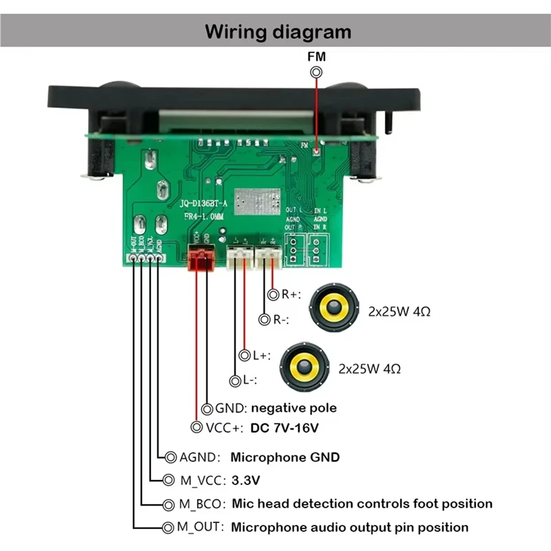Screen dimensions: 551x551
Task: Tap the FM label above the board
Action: (x=317, y=58)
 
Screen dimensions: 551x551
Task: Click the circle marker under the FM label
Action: (x=317, y=72)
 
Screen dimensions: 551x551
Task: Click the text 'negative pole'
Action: (x=293, y=408)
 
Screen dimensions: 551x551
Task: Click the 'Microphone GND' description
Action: (x=284, y=457)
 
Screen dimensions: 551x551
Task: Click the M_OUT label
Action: (x=201, y=528)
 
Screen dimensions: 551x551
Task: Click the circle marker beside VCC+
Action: (x=197, y=428)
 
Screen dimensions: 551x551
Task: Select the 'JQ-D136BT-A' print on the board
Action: (x=205, y=204)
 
